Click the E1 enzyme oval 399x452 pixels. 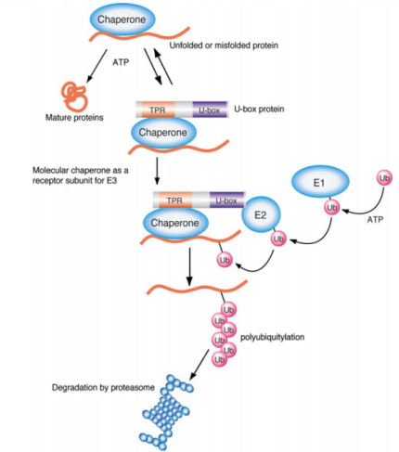(320, 182)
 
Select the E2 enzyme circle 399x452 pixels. (261, 214)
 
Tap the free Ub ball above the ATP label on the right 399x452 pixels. (384, 178)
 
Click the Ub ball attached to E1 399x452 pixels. (331, 207)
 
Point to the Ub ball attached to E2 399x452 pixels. (278, 239)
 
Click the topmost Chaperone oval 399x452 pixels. (122, 19)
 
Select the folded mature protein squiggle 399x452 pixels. (74, 96)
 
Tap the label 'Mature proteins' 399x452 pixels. (74, 118)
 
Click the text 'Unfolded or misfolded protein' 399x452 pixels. (224, 45)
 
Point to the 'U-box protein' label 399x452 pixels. (259, 110)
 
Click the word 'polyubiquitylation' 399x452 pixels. (273, 337)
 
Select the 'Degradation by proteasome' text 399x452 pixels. (103, 387)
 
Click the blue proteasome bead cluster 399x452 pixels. (165, 411)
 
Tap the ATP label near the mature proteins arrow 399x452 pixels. (121, 62)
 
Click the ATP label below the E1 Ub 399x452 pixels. (375, 219)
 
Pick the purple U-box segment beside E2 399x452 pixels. (226, 200)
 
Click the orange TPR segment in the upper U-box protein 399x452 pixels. (158, 110)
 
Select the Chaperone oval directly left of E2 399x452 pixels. (175, 223)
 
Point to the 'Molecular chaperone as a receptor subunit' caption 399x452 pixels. (81, 175)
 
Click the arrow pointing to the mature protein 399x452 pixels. (97, 66)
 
